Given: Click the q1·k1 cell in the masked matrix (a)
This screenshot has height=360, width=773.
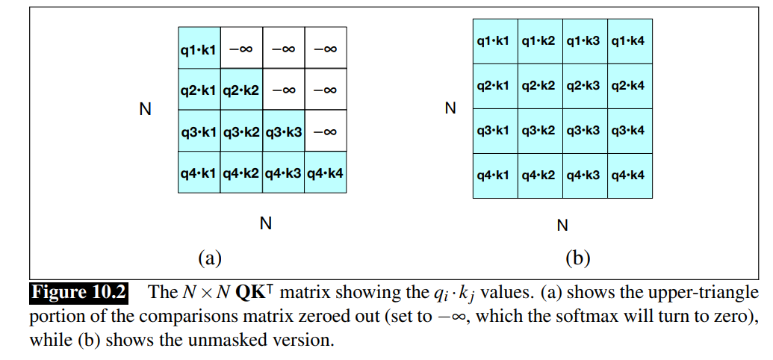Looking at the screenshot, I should pyautogui.click(x=199, y=49).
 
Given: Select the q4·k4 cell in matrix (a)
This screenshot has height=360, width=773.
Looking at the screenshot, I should pyautogui.click(x=325, y=173).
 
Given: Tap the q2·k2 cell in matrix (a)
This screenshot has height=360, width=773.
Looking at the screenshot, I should pyautogui.click(x=240, y=90).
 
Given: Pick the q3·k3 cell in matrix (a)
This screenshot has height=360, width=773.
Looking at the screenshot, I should pyautogui.click(x=283, y=131).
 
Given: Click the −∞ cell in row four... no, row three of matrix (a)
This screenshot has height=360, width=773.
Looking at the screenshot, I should pyautogui.click(x=325, y=131).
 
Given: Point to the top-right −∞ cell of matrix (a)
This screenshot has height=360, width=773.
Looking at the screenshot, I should pyautogui.click(x=325, y=49).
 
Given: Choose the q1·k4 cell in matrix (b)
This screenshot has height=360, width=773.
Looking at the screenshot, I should pyautogui.click(x=629, y=40).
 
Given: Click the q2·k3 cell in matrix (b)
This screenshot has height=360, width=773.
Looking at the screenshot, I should pyautogui.click(x=584, y=85).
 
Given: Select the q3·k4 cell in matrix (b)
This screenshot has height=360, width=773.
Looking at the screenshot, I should pyautogui.click(x=629, y=130).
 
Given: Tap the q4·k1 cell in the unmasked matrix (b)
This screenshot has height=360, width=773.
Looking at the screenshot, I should pyautogui.click(x=494, y=175).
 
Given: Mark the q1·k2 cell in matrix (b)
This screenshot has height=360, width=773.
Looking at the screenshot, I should pyautogui.click(x=539, y=40).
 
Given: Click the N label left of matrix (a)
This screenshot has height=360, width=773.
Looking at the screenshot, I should pyautogui.click(x=146, y=110).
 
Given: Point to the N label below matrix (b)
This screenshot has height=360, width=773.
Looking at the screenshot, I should pyautogui.click(x=562, y=225).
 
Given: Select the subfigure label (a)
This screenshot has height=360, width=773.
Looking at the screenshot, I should pyautogui.click(x=209, y=258).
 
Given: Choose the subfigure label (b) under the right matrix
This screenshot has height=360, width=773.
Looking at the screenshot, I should pyautogui.click(x=577, y=258).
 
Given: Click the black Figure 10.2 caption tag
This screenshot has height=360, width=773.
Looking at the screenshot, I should pyautogui.click(x=78, y=292).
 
